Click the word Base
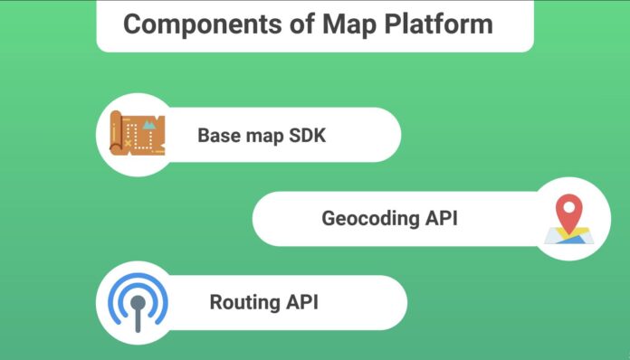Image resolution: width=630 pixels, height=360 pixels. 218,136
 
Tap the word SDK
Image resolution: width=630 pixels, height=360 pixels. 307,136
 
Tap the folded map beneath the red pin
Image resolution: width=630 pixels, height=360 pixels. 568,237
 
